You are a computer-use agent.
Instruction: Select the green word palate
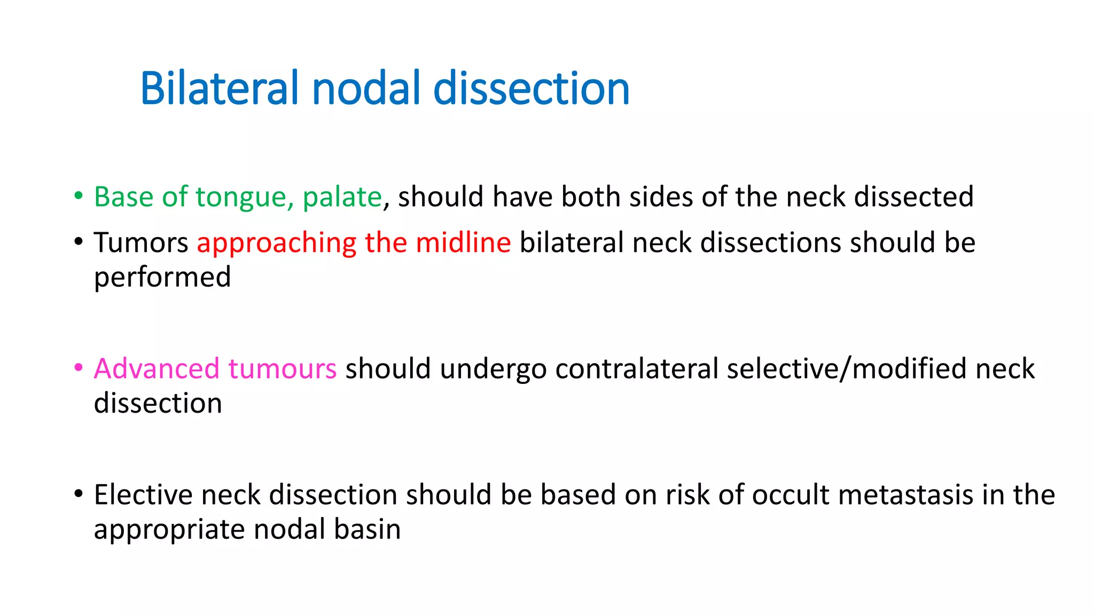pyautogui.click(x=342, y=197)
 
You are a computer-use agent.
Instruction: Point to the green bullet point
pyautogui.click(x=79, y=196)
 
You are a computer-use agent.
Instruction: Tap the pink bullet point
pyautogui.click(x=79, y=368)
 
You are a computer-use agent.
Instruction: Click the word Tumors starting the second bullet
pyautogui.click(x=141, y=243)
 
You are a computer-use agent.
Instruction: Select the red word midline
pyautogui.click(x=463, y=243)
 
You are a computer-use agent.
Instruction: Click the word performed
pyautogui.click(x=162, y=278)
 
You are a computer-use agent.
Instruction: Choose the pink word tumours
pyautogui.click(x=282, y=369)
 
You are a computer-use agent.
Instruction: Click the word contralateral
pyautogui.click(x=637, y=369)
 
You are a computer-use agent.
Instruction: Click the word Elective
pyautogui.click(x=143, y=495)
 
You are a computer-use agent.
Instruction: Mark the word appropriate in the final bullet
pyautogui.click(x=169, y=530)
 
